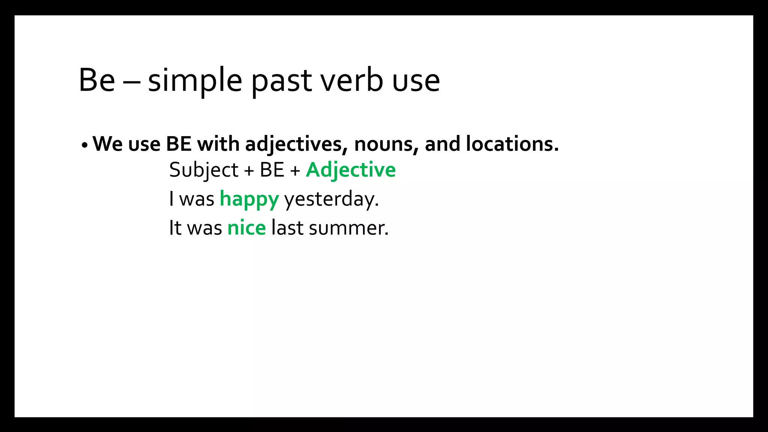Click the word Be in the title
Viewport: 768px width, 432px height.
[x=97, y=80]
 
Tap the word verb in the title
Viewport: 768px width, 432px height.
[x=352, y=80]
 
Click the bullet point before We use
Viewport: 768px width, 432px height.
[x=84, y=145]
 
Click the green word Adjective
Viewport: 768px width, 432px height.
[x=351, y=170]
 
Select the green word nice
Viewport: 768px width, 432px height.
[x=246, y=228]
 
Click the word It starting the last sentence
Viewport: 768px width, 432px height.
[x=175, y=228]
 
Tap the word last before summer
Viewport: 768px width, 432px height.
[x=287, y=228]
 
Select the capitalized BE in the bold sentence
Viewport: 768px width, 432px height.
[x=178, y=144]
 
